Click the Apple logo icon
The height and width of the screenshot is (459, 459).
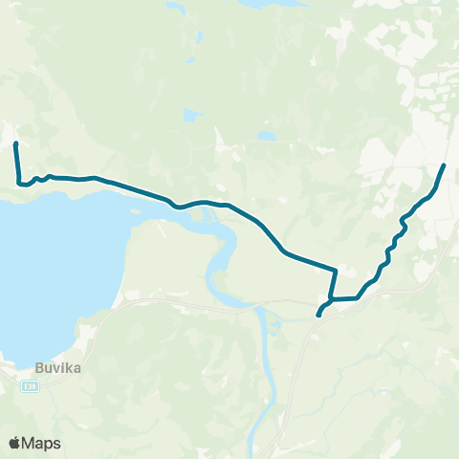click(14, 444)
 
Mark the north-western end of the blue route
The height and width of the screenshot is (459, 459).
click(15, 144)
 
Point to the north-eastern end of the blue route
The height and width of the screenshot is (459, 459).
click(444, 166)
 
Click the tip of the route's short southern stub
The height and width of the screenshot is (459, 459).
click(318, 315)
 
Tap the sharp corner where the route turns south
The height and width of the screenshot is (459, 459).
click(336, 271)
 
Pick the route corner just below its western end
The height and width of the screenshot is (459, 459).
click(18, 182)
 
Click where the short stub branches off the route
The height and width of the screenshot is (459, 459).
click(333, 299)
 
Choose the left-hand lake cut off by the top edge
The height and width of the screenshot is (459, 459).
click(174, 8)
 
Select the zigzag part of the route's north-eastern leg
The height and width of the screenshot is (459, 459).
click(394, 244)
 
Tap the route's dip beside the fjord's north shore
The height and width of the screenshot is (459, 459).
click(175, 205)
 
